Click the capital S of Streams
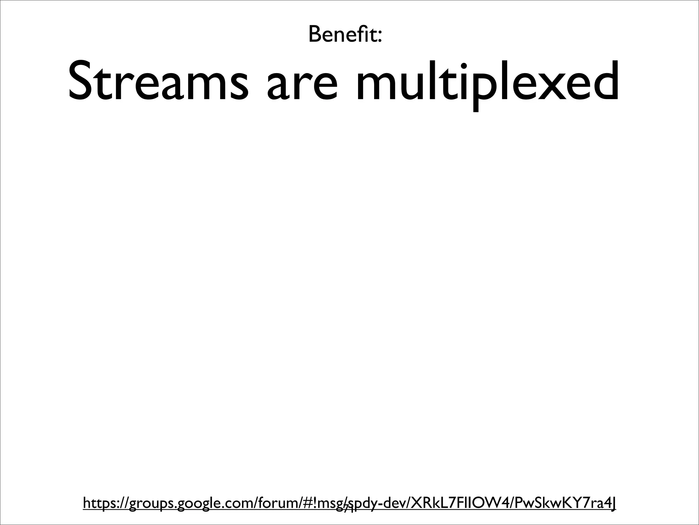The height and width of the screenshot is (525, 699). [x=82, y=81]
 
